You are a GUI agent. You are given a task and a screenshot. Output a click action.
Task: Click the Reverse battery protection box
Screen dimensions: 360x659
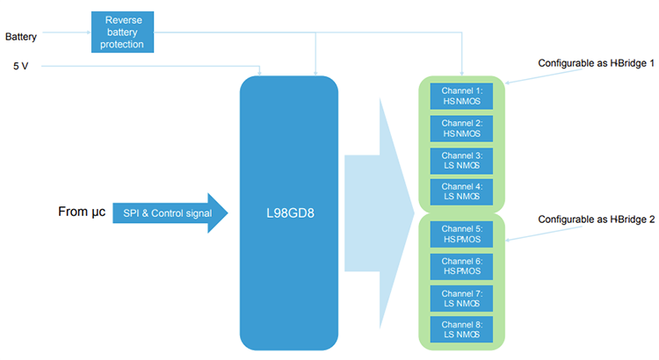point(122,32)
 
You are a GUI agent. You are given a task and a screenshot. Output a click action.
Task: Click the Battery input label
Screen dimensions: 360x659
point(21,36)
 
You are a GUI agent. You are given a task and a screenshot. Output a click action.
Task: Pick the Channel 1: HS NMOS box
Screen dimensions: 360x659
point(461,96)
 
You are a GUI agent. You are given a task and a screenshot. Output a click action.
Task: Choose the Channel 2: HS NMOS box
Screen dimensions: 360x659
point(461,128)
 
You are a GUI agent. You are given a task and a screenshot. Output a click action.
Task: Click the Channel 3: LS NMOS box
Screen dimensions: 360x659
point(461,160)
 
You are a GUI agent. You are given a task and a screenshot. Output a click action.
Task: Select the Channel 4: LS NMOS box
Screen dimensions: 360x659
point(461,191)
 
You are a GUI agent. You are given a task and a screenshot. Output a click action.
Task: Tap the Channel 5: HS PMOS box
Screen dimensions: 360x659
point(461,233)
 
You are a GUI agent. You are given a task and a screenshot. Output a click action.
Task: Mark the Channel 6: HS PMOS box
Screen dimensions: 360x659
point(461,265)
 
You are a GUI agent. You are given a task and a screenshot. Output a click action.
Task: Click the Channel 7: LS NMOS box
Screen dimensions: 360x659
point(461,297)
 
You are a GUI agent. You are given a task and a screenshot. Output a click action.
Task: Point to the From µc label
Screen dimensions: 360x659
point(83,211)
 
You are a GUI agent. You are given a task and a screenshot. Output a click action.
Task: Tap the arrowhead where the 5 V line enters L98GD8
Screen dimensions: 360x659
point(260,71)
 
